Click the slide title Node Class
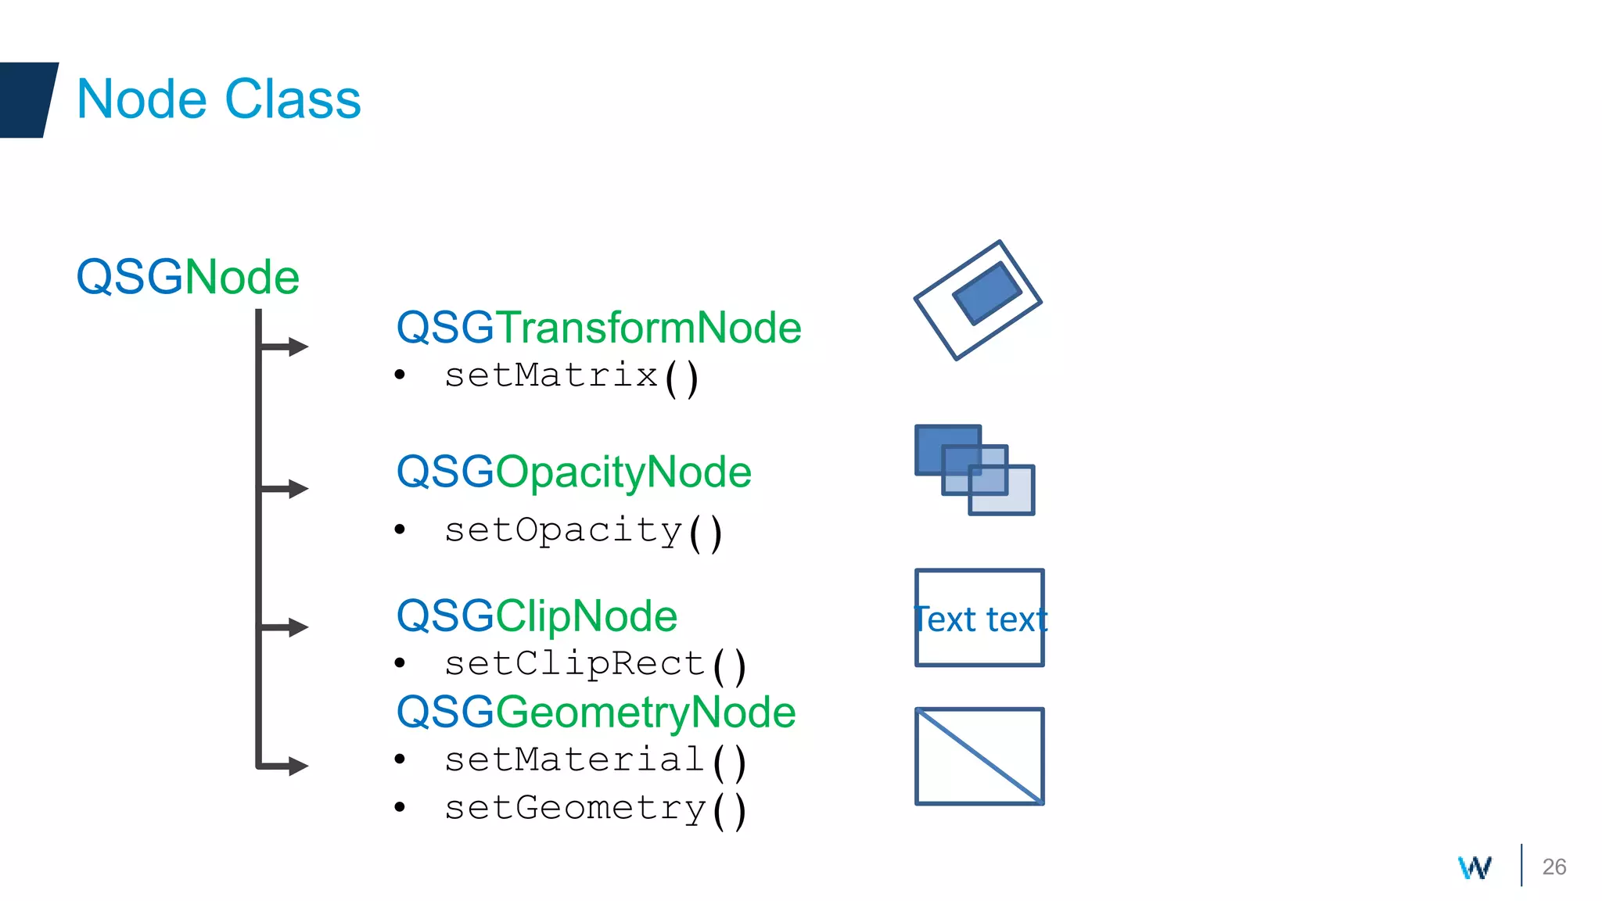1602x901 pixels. tap(219, 99)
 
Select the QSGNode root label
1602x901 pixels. tap(188, 278)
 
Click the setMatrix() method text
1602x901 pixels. tap(571, 376)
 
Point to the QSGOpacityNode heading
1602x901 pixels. tap(573, 472)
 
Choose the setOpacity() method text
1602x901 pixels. tap(583, 531)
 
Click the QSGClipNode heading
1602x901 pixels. tap(537, 616)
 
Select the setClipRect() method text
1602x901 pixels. tap(594, 665)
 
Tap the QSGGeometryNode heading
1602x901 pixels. tap(596, 712)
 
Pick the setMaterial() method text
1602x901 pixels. tap(594, 760)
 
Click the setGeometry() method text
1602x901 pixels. tap(594, 809)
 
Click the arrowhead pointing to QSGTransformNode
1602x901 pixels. tap(298, 346)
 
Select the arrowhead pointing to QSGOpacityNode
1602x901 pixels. tap(298, 489)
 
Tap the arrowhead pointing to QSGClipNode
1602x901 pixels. tap(298, 627)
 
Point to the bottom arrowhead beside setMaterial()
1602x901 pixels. tap(298, 766)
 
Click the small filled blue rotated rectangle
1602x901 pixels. tap(986, 293)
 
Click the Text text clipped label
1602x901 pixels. tap(980, 619)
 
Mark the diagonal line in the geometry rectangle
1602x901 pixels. tap(980, 756)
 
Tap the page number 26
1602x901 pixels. tap(1554, 867)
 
